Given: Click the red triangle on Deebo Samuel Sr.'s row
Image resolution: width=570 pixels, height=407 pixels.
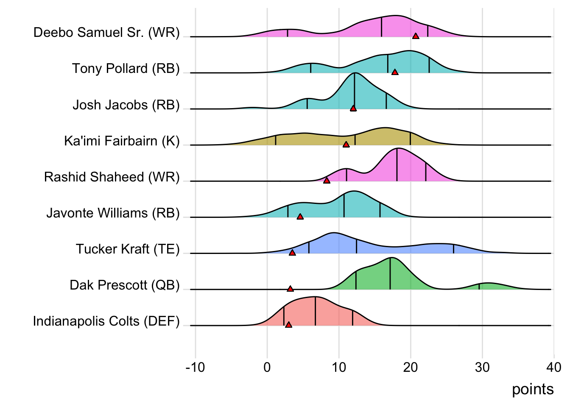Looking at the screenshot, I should [416, 36].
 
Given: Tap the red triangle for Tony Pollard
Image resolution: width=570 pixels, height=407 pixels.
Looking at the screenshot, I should [395, 72].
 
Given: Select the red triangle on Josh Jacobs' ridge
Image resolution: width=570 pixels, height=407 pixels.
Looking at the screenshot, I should [353, 109].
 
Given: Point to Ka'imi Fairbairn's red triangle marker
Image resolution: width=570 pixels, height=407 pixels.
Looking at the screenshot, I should [346, 145].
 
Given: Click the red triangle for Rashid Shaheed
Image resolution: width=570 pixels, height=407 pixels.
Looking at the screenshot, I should [327, 181].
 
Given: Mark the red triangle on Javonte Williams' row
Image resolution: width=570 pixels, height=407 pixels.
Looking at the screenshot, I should [300, 217].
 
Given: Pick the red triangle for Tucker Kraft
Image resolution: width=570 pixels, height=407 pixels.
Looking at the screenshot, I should [292, 253].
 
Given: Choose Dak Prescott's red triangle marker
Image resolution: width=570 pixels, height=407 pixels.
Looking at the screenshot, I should [290, 289].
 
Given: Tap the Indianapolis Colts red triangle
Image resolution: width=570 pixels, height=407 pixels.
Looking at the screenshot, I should [288, 325].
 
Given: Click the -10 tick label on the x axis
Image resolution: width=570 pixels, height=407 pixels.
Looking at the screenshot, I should [195, 367].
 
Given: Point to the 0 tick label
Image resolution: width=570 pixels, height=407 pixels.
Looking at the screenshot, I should [267, 367].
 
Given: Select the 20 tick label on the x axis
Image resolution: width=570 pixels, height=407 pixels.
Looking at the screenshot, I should [411, 367].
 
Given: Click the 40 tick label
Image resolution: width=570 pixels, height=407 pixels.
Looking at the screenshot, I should [554, 367].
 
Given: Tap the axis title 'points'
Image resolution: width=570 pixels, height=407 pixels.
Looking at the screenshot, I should [533, 389].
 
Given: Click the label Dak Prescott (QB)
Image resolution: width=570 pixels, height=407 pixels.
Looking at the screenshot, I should [125, 285].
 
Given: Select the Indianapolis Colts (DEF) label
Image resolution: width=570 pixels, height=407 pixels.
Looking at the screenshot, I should [106, 321].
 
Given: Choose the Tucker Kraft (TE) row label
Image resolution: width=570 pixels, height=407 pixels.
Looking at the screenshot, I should [128, 249].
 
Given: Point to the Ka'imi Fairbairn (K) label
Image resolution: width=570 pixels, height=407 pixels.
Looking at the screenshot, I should [122, 141].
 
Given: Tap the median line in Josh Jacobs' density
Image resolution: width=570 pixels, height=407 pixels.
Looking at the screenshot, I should [355, 91].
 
